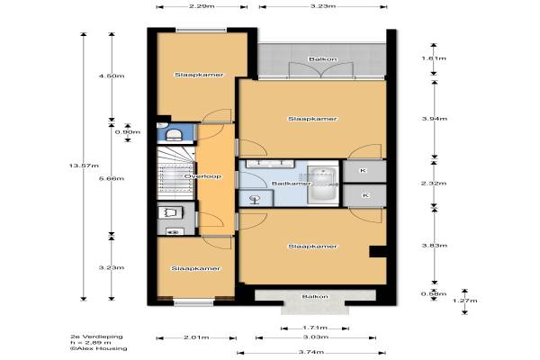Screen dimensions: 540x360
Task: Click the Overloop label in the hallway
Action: pos(202,176)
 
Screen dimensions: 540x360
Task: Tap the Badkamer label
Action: pos(292,184)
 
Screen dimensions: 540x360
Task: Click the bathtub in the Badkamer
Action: pos(323,184)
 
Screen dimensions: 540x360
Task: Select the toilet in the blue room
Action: pos(174,134)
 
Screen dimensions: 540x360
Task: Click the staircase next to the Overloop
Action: pos(176,173)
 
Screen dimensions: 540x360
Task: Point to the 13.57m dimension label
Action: pos(84,166)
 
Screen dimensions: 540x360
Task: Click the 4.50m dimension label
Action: pos(112,76)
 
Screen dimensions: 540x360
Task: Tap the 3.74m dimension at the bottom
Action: pos(311,352)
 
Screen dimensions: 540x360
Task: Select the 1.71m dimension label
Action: pos(315,328)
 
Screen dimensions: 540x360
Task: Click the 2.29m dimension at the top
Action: pos(202,6)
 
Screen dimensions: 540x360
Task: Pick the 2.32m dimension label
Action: pos(434,183)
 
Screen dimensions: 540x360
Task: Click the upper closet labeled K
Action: pos(364,170)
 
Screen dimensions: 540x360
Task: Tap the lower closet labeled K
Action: pos(364,195)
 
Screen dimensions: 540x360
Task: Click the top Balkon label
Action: pos(323,59)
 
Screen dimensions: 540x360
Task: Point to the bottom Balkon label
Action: pos(315,297)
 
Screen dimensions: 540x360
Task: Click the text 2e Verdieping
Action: pos(96,337)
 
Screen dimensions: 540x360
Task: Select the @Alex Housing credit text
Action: pos(98,348)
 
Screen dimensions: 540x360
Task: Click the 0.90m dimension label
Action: pos(128,132)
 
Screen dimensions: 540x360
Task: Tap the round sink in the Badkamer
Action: pos(256,198)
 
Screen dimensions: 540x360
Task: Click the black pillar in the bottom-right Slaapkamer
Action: pos(378,251)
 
